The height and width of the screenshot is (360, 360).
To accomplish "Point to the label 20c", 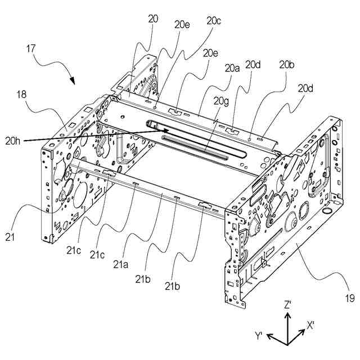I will point(214,21).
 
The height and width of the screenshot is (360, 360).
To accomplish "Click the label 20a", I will point(232,68).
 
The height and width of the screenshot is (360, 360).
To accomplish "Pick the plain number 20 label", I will point(153,19).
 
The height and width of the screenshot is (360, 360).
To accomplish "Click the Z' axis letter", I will point(287,304).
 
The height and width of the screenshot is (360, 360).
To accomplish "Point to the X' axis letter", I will point(310,325).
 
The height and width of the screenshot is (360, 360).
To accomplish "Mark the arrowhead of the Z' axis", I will point(287,314).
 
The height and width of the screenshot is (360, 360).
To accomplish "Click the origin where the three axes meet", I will point(287,343).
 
